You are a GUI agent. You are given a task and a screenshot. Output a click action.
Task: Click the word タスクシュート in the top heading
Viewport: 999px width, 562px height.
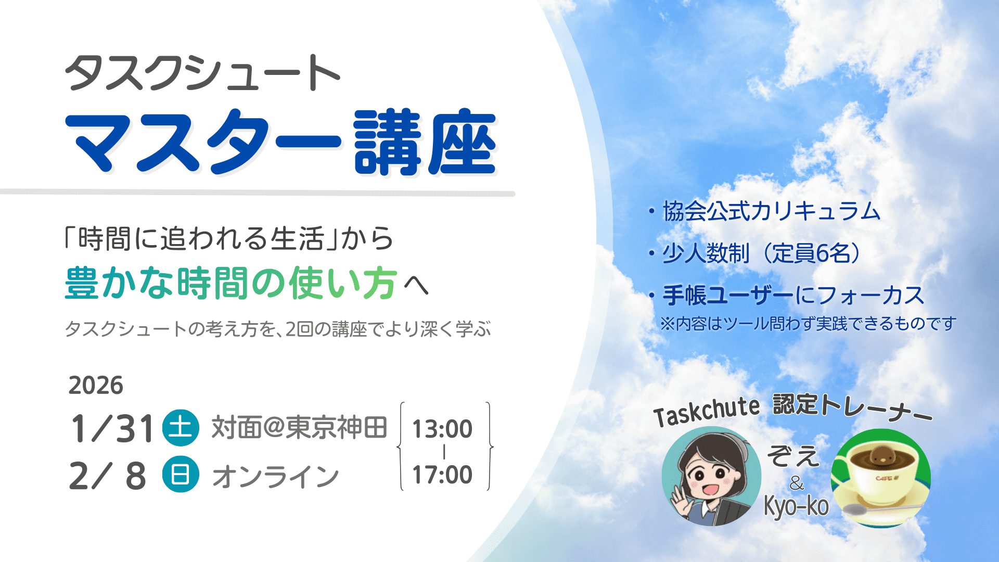tap(203, 73)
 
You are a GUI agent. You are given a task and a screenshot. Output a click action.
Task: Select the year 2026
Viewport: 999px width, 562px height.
tap(96, 386)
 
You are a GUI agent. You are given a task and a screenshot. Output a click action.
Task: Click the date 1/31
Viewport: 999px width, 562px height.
tap(112, 429)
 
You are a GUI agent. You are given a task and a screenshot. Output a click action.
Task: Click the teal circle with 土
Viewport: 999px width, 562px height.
tap(181, 428)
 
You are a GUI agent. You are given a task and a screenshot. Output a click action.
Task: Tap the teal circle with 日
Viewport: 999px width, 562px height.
tap(181, 475)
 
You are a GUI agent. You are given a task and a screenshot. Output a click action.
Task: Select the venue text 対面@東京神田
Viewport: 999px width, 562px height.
tap(299, 428)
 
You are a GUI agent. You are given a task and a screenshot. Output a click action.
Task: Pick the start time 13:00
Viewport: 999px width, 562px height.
tap(442, 429)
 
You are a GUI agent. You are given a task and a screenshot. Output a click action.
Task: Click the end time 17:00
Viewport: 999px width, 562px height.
tap(442, 475)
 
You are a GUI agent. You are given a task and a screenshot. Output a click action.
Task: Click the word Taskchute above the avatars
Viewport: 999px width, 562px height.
tap(707, 412)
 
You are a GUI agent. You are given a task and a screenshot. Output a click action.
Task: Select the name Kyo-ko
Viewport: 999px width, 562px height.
tap(796, 505)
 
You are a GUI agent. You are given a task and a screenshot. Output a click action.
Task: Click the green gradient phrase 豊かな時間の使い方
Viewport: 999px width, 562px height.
tap(231, 284)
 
